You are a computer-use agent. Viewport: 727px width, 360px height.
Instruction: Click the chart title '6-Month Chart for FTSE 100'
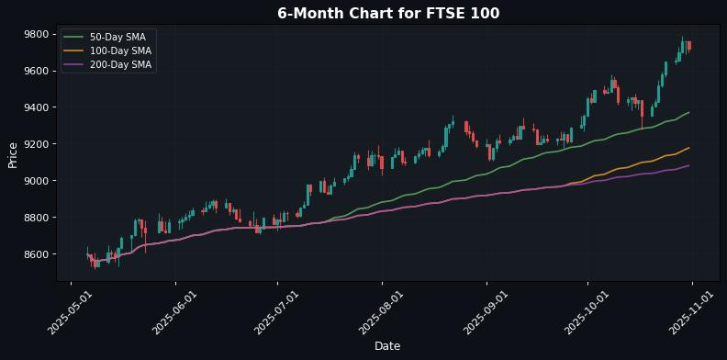(x=388, y=13)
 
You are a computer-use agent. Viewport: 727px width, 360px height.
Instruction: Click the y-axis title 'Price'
(x=13, y=154)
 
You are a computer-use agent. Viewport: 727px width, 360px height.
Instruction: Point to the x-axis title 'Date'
(x=387, y=346)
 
